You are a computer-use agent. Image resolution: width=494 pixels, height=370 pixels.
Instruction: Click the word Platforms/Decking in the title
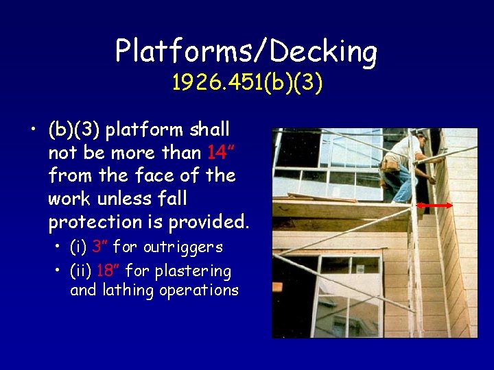(246, 51)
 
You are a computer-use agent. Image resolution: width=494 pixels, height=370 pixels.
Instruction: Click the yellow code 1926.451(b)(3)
(247, 83)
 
